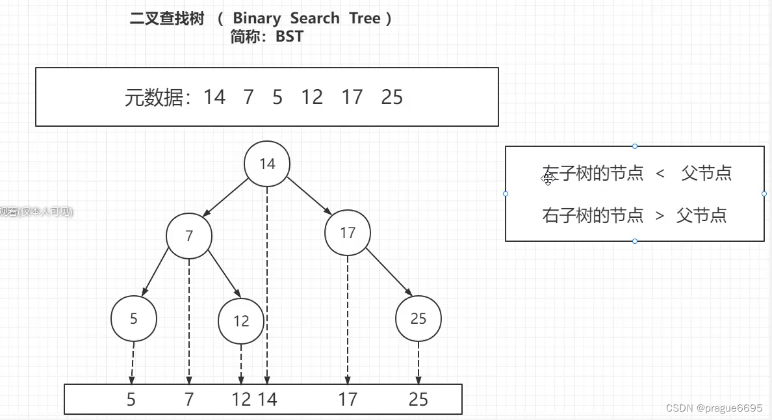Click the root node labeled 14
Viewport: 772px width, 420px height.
click(267, 164)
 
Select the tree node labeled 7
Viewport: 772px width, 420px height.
click(189, 235)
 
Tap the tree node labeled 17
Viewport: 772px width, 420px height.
click(348, 233)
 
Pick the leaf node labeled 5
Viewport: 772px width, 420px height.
click(134, 319)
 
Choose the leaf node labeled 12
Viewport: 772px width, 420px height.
click(241, 321)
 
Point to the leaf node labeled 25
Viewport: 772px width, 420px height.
click(418, 319)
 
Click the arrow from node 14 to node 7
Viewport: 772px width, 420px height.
click(225, 197)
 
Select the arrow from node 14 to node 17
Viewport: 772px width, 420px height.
click(309, 196)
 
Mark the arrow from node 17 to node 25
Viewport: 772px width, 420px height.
click(389, 274)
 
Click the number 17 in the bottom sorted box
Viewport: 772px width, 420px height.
click(348, 399)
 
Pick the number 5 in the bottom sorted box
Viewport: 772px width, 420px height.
click(131, 399)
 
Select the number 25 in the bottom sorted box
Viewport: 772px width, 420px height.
click(418, 399)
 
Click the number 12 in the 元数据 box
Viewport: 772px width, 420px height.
click(312, 98)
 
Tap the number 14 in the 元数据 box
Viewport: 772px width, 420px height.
click(214, 98)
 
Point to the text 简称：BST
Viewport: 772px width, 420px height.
click(266, 36)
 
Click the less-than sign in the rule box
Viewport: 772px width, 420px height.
click(660, 174)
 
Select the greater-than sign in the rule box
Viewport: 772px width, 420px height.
click(660, 216)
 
